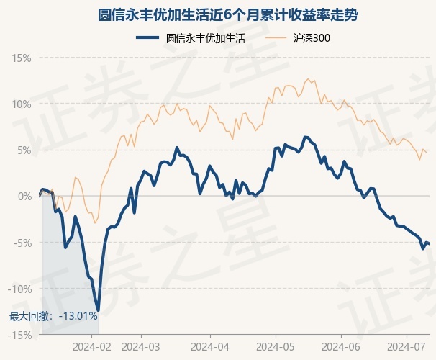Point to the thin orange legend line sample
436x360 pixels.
point(280,39)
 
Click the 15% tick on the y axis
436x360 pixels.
point(22,58)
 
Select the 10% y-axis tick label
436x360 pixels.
point(22,104)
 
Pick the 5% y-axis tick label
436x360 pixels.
point(24,150)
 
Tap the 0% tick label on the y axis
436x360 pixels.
point(24,196)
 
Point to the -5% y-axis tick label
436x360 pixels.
point(22,243)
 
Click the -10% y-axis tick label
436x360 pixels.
point(19,289)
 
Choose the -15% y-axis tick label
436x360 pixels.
point(19,335)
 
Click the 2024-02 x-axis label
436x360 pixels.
point(93,346)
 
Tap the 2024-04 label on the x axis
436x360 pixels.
point(210,346)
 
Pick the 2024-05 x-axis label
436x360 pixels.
point(276,346)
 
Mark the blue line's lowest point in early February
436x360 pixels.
point(98,310)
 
